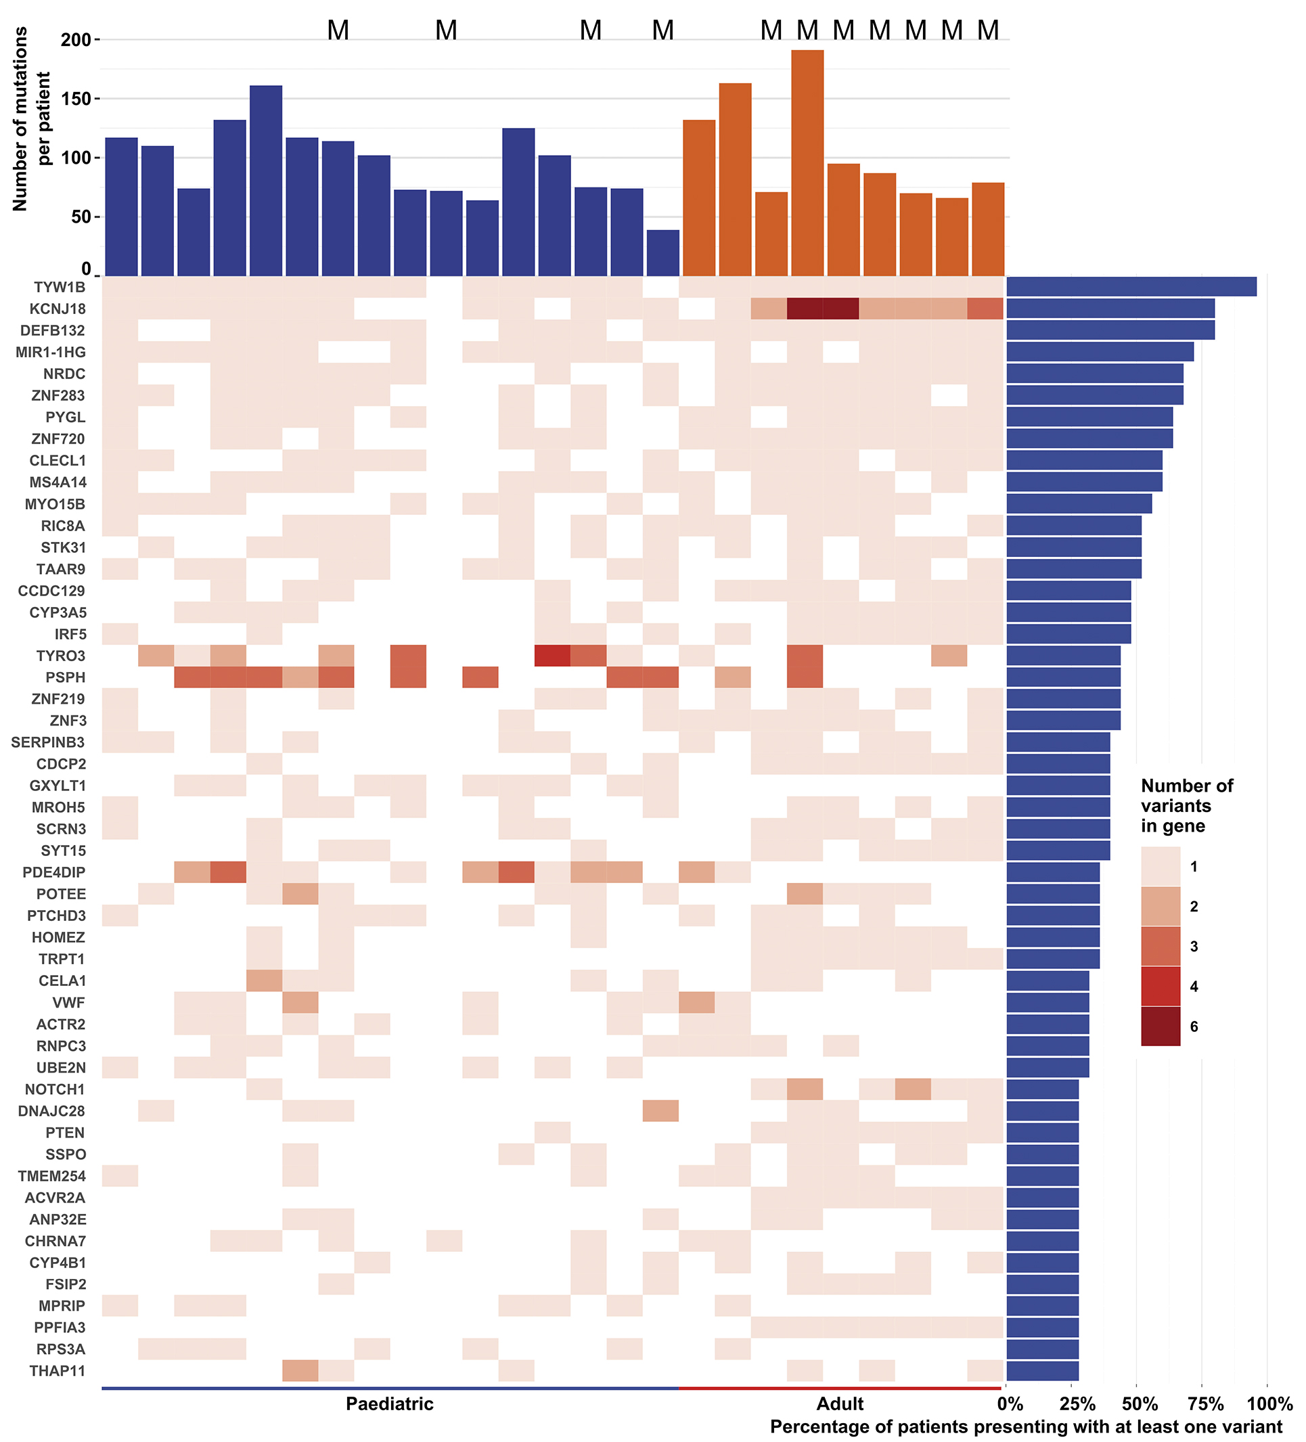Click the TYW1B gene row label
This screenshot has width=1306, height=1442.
(x=60, y=288)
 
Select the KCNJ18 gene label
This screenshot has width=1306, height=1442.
(x=58, y=309)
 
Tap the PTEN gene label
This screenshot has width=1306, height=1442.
(x=65, y=1132)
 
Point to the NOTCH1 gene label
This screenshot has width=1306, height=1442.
(x=54, y=1089)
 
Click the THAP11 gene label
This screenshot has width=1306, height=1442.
(x=58, y=1370)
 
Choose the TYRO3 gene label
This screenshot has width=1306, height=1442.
(x=61, y=656)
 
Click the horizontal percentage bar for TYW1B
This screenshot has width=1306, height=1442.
(x=1131, y=287)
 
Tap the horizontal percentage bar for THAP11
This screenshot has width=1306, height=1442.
(x=1042, y=1370)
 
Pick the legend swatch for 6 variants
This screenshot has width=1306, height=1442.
(x=1160, y=1027)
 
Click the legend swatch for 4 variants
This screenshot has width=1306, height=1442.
(x=1160, y=987)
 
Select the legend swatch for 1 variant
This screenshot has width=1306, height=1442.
(x=1160, y=866)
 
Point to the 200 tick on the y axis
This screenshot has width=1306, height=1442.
(x=76, y=40)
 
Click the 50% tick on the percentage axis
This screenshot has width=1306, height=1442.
(x=1140, y=1404)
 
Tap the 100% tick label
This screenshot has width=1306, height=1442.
(x=1269, y=1404)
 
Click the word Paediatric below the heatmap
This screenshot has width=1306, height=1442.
(x=389, y=1404)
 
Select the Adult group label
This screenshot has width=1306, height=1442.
(x=840, y=1404)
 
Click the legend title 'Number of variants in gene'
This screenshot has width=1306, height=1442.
(x=1186, y=806)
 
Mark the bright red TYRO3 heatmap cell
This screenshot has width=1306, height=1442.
(x=552, y=656)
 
